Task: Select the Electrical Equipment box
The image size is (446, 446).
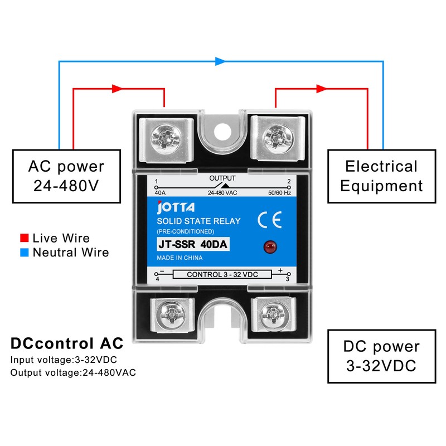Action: (x=381, y=176)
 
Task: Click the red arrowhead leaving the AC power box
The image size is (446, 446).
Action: (x=117, y=89)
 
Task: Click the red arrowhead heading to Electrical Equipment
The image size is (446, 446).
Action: (x=321, y=89)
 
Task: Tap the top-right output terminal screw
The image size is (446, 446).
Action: (x=277, y=135)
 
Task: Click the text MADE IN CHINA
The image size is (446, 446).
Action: (x=180, y=258)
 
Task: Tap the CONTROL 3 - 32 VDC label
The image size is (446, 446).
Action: (x=222, y=274)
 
